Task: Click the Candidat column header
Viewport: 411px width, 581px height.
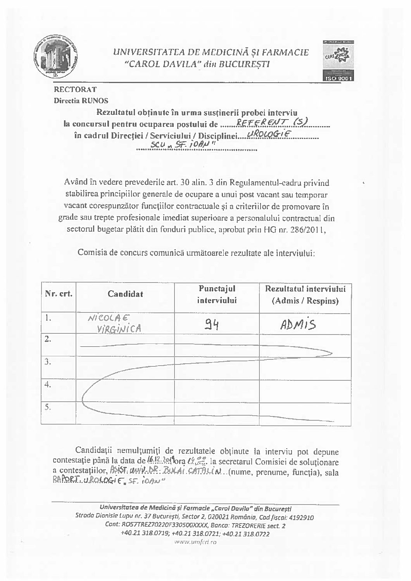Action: [125, 294]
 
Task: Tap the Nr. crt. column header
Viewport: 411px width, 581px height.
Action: [59, 294]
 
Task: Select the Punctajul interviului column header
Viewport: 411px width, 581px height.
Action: [217, 294]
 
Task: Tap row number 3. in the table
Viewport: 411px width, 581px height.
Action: [48, 362]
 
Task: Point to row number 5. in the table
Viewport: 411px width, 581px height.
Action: [48, 408]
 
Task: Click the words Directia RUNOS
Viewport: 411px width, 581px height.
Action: [81, 100]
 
